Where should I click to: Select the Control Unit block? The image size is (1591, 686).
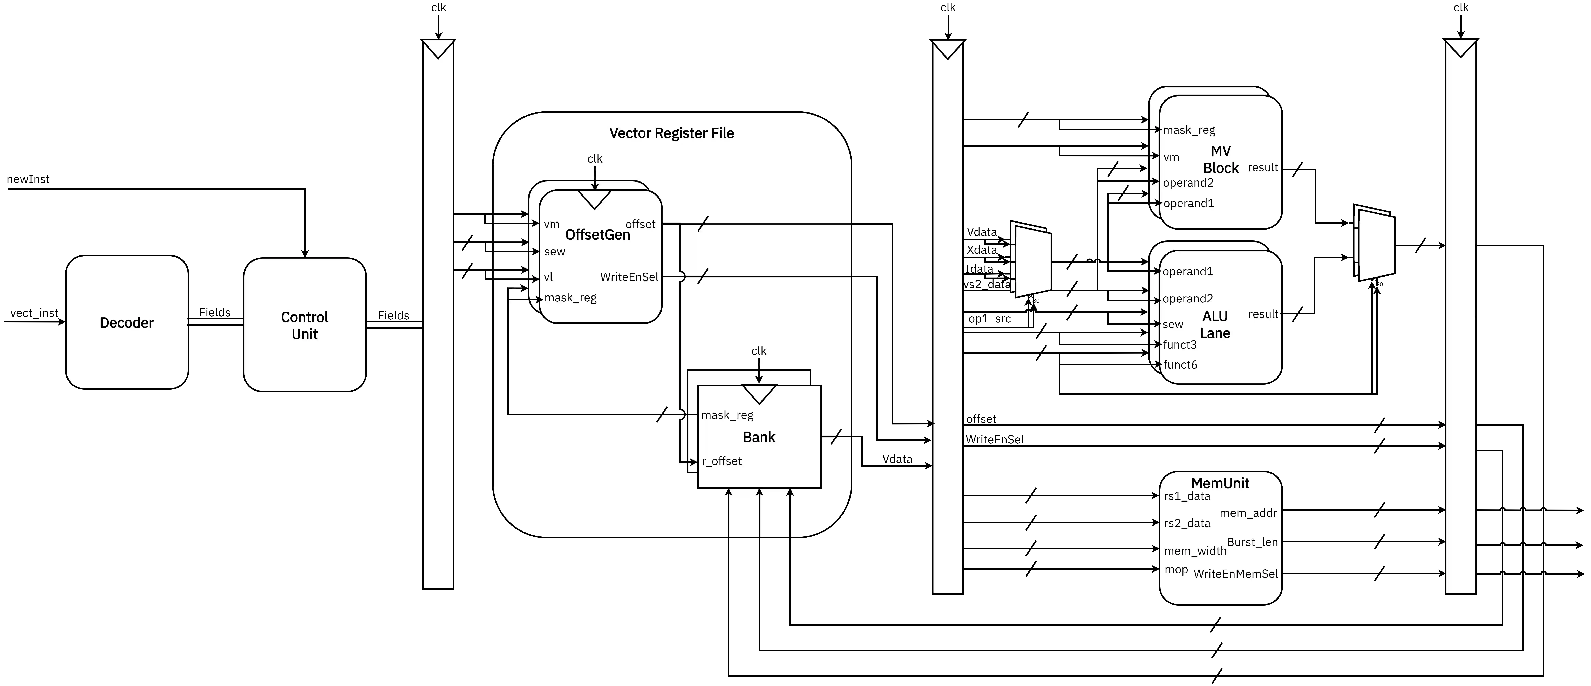tap(304, 325)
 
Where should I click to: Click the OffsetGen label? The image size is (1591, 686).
tap(597, 235)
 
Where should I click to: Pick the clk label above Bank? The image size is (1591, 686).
tap(758, 351)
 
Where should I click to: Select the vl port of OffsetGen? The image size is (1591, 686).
tap(548, 277)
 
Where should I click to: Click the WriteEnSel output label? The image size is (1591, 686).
tap(629, 277)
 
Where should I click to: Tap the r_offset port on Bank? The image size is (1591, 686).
tap(722, 461)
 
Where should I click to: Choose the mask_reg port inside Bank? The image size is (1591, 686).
tap(727, 415)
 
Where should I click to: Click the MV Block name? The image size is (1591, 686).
tap(1220, 159)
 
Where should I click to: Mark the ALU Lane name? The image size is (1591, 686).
tap(1215, 325)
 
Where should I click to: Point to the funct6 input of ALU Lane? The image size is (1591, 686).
tap(1180, 365)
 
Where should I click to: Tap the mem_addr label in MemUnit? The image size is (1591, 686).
tap(1248, 513)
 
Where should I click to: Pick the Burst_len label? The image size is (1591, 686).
tap(1252, 542)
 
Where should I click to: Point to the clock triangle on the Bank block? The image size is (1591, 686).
tap(758, 393)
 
